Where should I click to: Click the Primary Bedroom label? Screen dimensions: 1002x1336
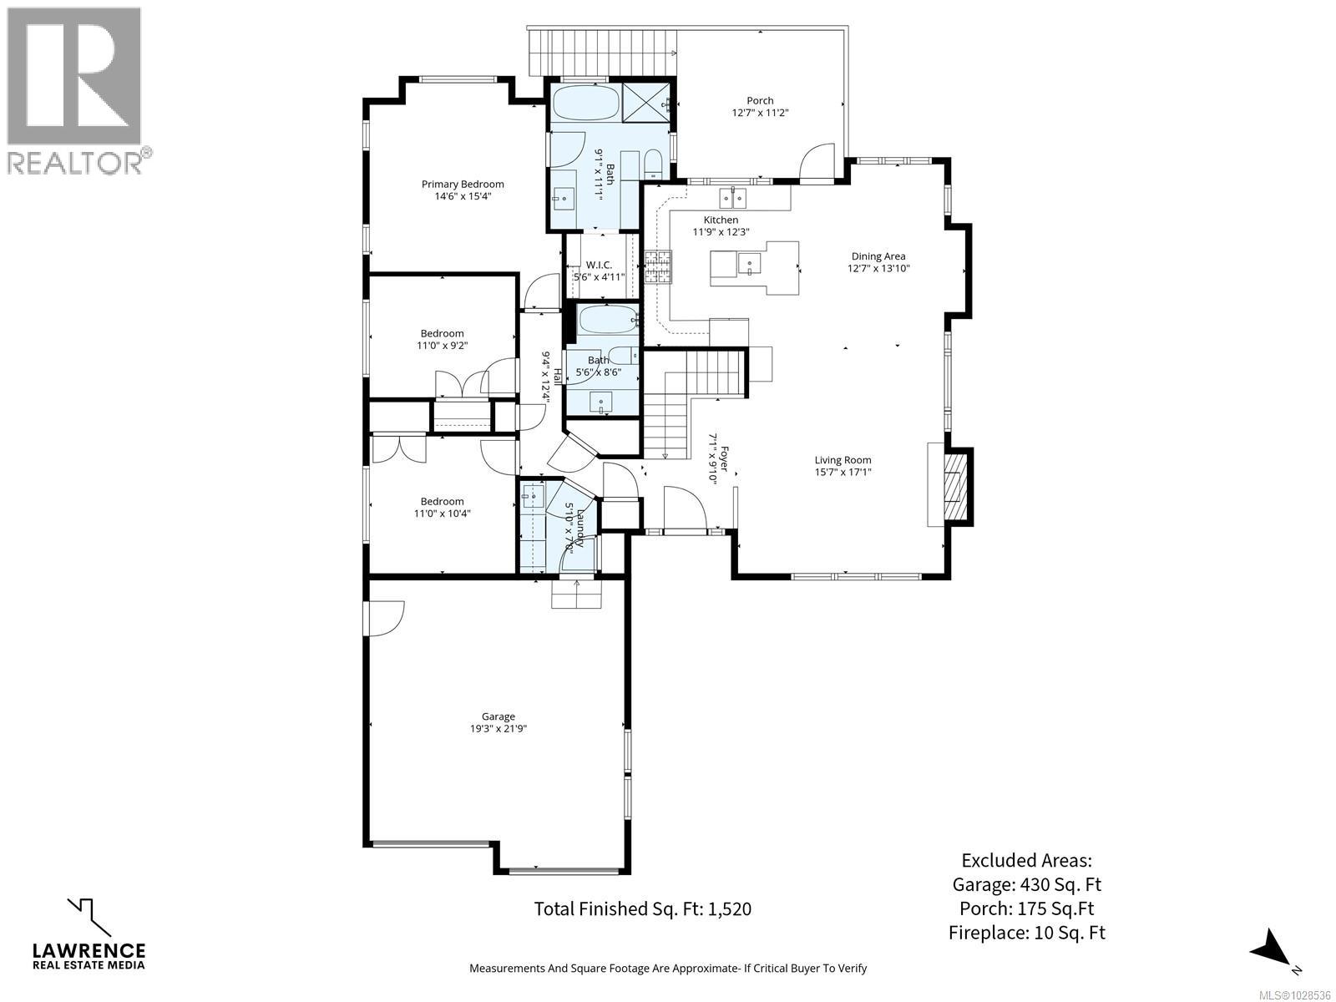463,185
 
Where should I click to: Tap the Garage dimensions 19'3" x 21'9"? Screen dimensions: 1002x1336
498,728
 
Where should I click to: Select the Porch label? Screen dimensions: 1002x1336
760,100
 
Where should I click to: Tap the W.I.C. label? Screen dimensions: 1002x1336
599,265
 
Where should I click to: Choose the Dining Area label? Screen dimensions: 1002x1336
878,256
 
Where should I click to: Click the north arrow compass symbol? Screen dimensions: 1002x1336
1274,950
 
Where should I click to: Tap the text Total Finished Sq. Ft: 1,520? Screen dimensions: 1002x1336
642,908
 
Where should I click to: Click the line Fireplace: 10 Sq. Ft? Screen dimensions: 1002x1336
1026,933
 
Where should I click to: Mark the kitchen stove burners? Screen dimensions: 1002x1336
657,268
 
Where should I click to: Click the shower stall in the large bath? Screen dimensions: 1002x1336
648,103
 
